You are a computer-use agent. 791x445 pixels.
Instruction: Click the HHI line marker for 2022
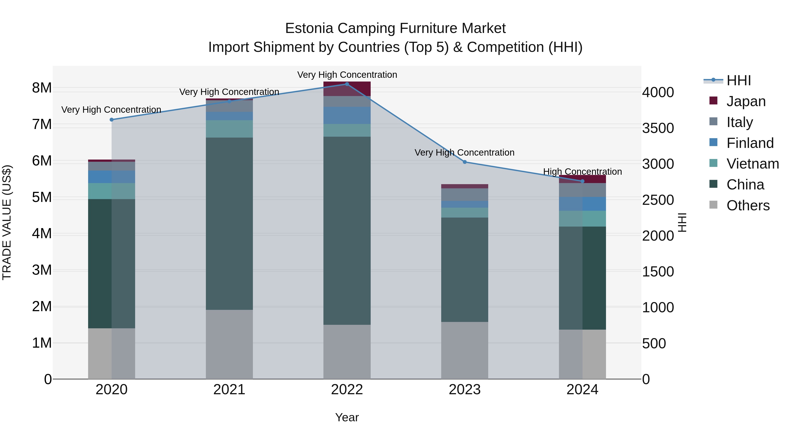(347, 84)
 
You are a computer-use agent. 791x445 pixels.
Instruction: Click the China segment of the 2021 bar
(229, 223)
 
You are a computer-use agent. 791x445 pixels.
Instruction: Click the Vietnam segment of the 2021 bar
(229, 129)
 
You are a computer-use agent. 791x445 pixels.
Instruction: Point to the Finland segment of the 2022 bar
(347, 115)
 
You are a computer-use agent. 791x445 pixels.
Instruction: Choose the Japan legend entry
(746, 101)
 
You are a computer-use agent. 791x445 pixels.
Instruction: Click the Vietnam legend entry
(752, 164)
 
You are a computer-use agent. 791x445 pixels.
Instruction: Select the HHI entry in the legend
(738, 80)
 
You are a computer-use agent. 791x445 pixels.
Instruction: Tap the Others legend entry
(748, 205)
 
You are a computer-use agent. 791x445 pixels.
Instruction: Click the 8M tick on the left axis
(42, 88)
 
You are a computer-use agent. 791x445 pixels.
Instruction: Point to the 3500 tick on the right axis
(658, 128)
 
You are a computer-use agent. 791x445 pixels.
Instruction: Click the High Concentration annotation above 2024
(582, 172)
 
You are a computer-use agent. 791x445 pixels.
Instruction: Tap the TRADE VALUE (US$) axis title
(7, 222)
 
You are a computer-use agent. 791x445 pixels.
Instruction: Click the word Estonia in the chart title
(309, 28)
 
